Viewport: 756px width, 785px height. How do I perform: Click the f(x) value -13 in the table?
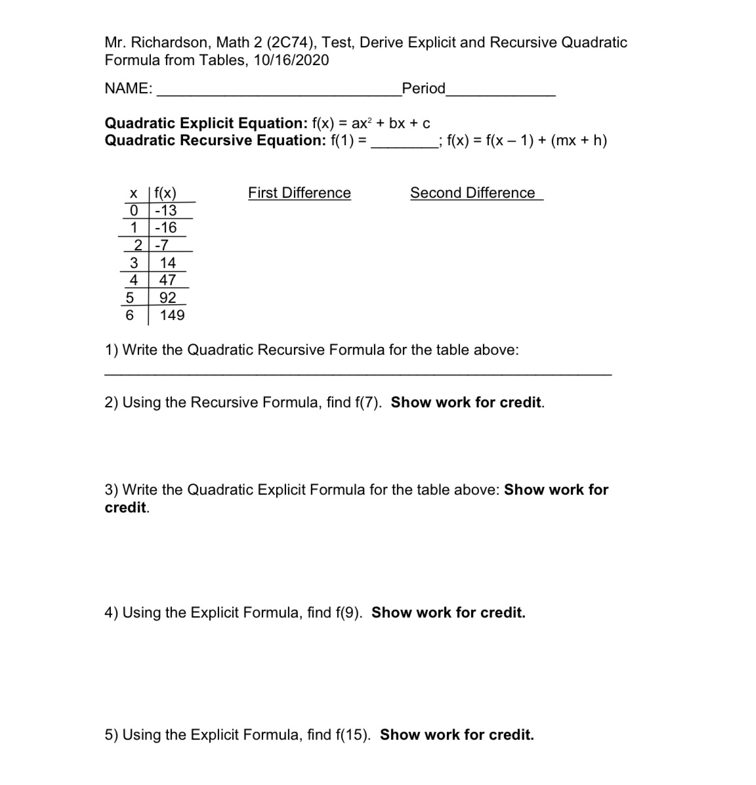[165, 210]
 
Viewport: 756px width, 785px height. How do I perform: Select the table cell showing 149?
[172, 315]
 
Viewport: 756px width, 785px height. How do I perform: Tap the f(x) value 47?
[167, 280]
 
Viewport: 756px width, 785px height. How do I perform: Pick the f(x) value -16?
[165, 228]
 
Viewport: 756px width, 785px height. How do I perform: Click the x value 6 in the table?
[129, 315]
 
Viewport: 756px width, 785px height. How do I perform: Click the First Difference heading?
[299, 193]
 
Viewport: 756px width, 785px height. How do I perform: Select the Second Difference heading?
[472, 193]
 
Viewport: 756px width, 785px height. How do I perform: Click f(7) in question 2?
[369, 403]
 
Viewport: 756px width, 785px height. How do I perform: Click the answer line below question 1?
[358, 373]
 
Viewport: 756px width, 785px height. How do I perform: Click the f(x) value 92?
[167, 298]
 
